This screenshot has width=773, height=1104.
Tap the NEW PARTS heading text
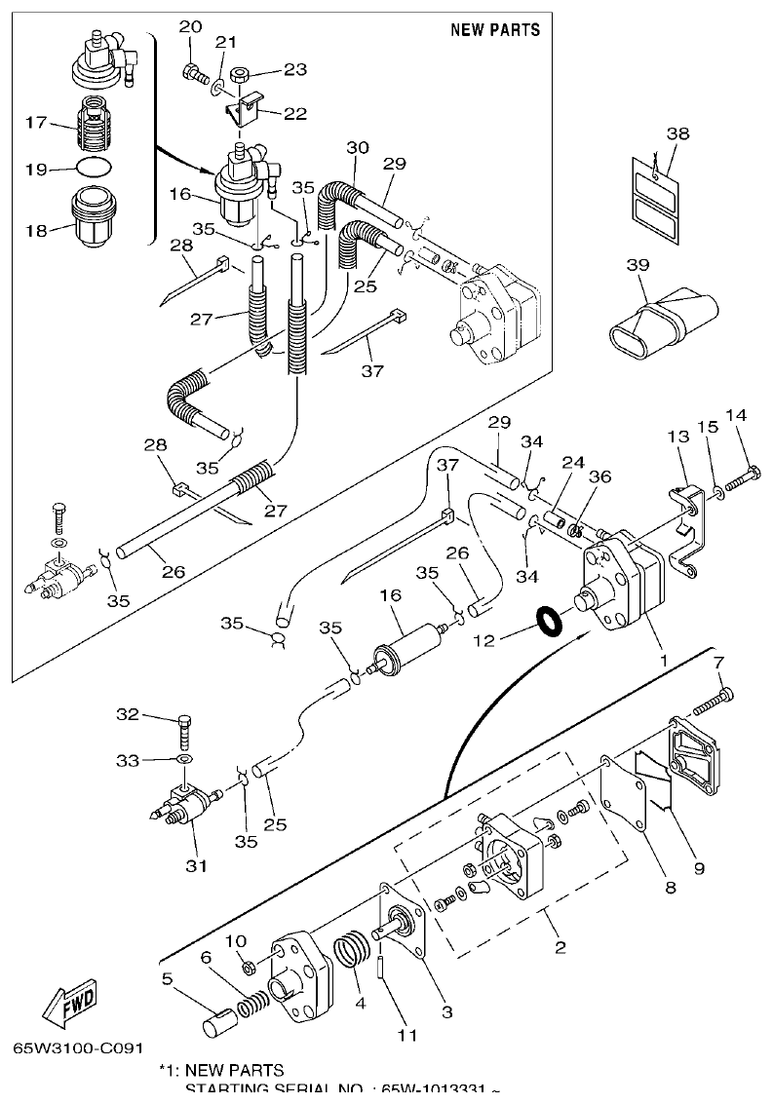[x=494, y=29]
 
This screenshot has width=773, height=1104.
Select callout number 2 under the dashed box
[x=560, y=946]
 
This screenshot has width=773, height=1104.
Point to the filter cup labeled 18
[x=95, y=220]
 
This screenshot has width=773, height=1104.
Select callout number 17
[x=36, y=123]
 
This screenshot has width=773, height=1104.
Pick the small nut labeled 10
[x=248, y=967]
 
